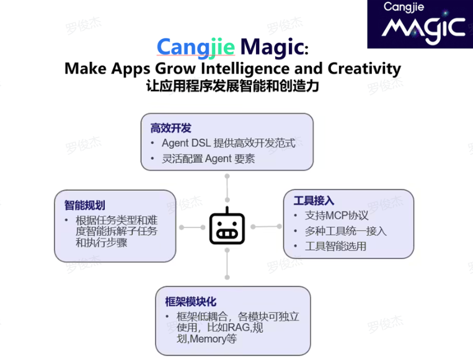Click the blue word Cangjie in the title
[195, 47]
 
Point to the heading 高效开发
[170, 128]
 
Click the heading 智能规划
[84, 205]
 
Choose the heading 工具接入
[314, 200]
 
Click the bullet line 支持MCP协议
[337, 216]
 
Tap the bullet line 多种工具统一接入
[345, 231]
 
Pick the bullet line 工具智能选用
[335, 247]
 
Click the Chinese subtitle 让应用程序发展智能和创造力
[232, 86]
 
